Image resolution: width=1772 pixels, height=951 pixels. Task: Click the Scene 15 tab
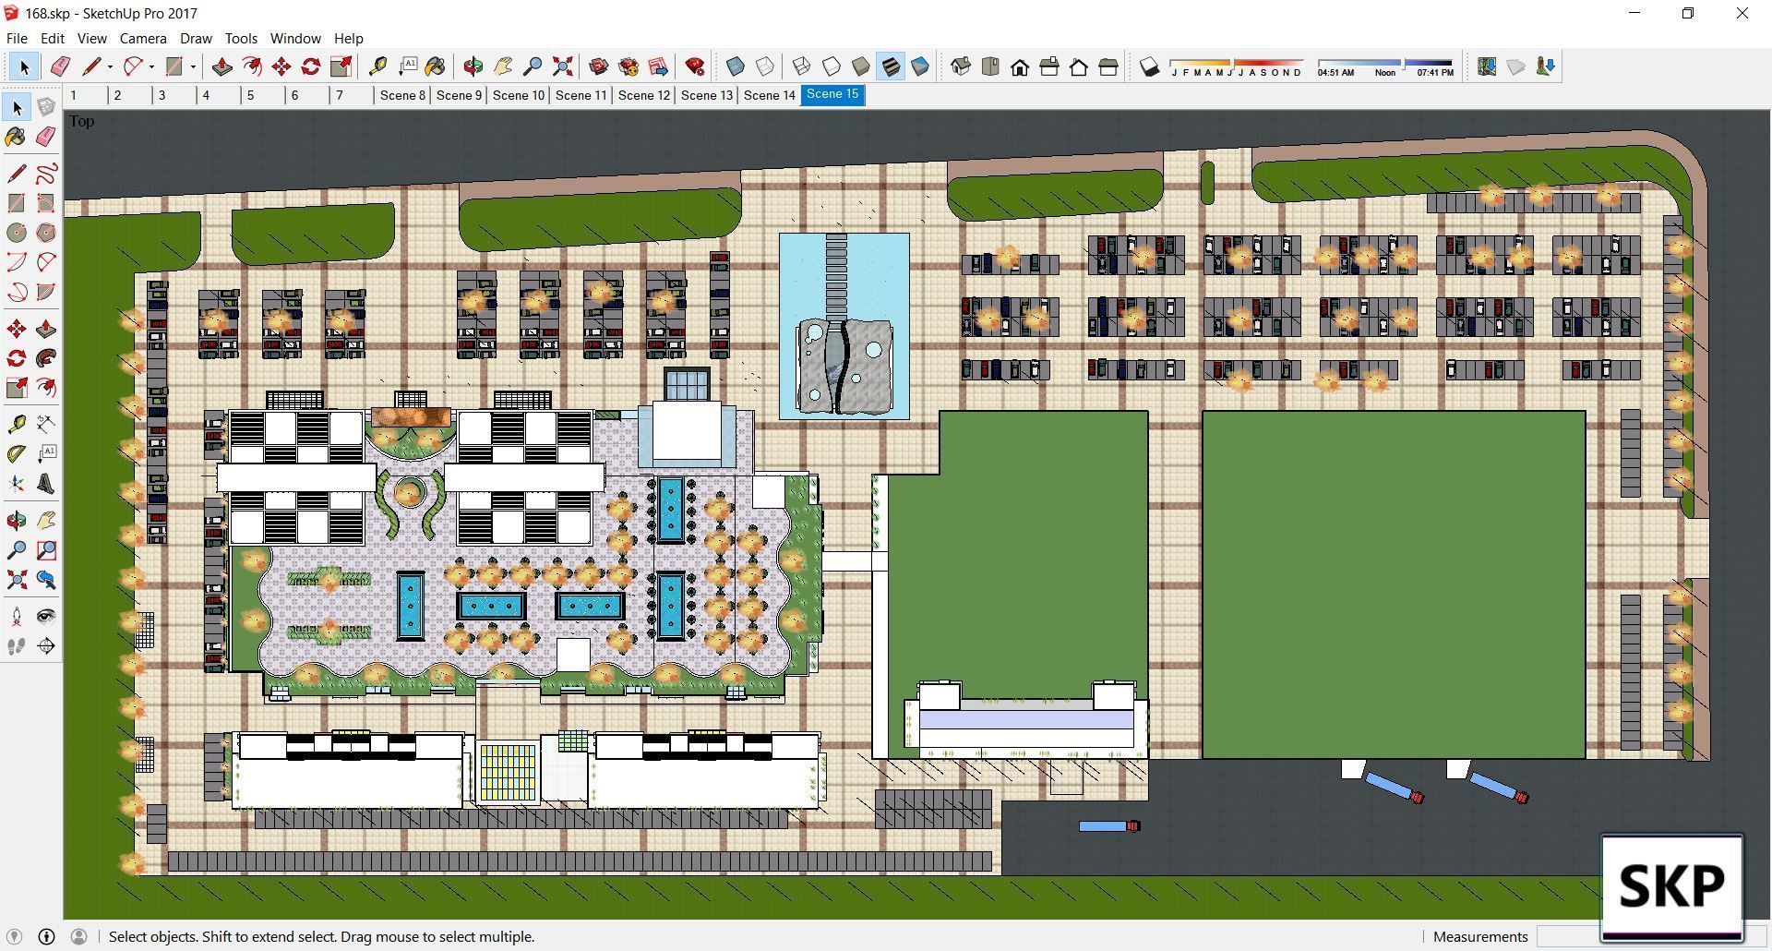click(832, 94)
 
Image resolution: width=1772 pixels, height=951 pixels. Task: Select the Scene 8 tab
click(402, 95)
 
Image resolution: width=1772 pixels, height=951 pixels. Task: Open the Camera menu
click(143, 39)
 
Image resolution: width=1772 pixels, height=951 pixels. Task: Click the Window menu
click(295, 39)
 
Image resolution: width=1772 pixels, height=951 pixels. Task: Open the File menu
click(17, 39)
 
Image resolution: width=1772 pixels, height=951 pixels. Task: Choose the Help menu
click(348, 39)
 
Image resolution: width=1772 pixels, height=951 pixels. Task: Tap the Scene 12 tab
click(643, 95)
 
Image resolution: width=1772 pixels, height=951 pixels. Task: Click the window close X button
click(1742, 14)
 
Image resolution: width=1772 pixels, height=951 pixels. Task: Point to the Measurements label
click(1480, 936)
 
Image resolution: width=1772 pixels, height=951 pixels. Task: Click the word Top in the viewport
click(81, 121)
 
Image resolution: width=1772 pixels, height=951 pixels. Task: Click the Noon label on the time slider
click(1384, 72)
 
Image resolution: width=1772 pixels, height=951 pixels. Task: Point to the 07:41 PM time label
click(1434, 72)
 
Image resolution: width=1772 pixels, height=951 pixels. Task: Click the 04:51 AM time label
click(1335, 72)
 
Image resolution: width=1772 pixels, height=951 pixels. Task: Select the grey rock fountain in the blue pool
click(844, 366)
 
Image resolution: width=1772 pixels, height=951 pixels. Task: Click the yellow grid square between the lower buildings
click(508, 772)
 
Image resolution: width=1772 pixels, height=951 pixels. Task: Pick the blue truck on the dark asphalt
click(1107, 825)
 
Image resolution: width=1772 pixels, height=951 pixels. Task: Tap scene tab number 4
click(206, 95)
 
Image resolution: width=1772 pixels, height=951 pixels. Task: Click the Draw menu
click(196, 39)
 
